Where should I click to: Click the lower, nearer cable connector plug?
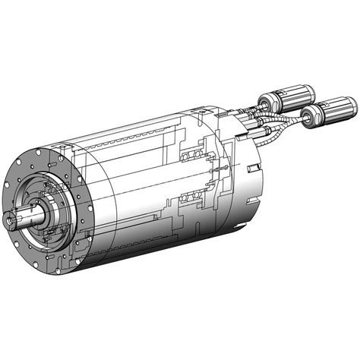tap(329, 114)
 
